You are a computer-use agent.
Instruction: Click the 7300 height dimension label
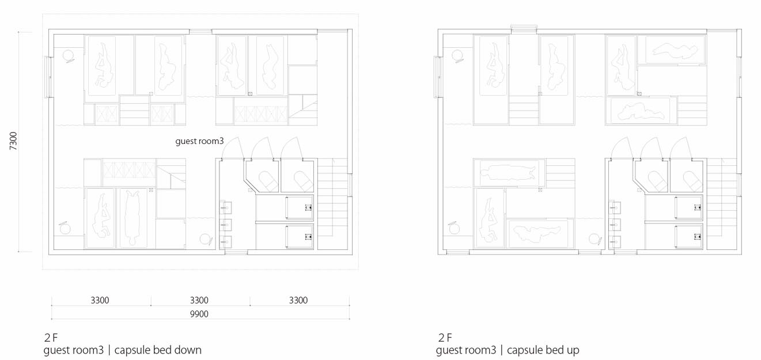[13, 141]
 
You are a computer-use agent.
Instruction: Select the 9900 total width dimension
[199, 314]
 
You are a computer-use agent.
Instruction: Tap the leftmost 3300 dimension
[100, 300]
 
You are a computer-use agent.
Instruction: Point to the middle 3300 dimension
[199, 300]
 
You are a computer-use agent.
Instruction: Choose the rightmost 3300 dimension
[298, 300]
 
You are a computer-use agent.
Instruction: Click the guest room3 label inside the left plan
[199, 141]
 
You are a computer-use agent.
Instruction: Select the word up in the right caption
[573, 350]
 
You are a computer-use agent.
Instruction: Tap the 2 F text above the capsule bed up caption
[445, 338]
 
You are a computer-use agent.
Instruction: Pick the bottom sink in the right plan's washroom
[615, 241]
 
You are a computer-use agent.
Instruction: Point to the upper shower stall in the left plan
[300, 207]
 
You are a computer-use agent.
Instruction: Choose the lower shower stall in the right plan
[688, 236]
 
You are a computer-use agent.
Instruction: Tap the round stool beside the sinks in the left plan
[206, 239]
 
